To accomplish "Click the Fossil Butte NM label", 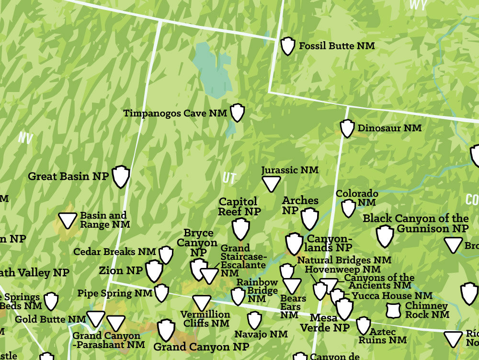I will [336, 46].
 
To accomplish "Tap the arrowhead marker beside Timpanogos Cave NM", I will [237, 113].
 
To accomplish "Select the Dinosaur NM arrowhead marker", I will [347, 128].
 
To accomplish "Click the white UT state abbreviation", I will [229, 178].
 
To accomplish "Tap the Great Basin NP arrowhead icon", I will [121, 176].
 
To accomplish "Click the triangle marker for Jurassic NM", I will [271, 184].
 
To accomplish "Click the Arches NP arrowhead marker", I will [310, 219].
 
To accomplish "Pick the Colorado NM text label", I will [357, 198].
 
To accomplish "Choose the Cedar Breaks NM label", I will [114, 252].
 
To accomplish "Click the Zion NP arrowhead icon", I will [154, 271].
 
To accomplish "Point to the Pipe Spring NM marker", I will [161, 292].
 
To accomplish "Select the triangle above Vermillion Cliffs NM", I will [202, 302].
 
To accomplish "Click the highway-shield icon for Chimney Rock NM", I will [393, 310].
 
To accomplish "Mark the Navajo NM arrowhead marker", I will [254, 320].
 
